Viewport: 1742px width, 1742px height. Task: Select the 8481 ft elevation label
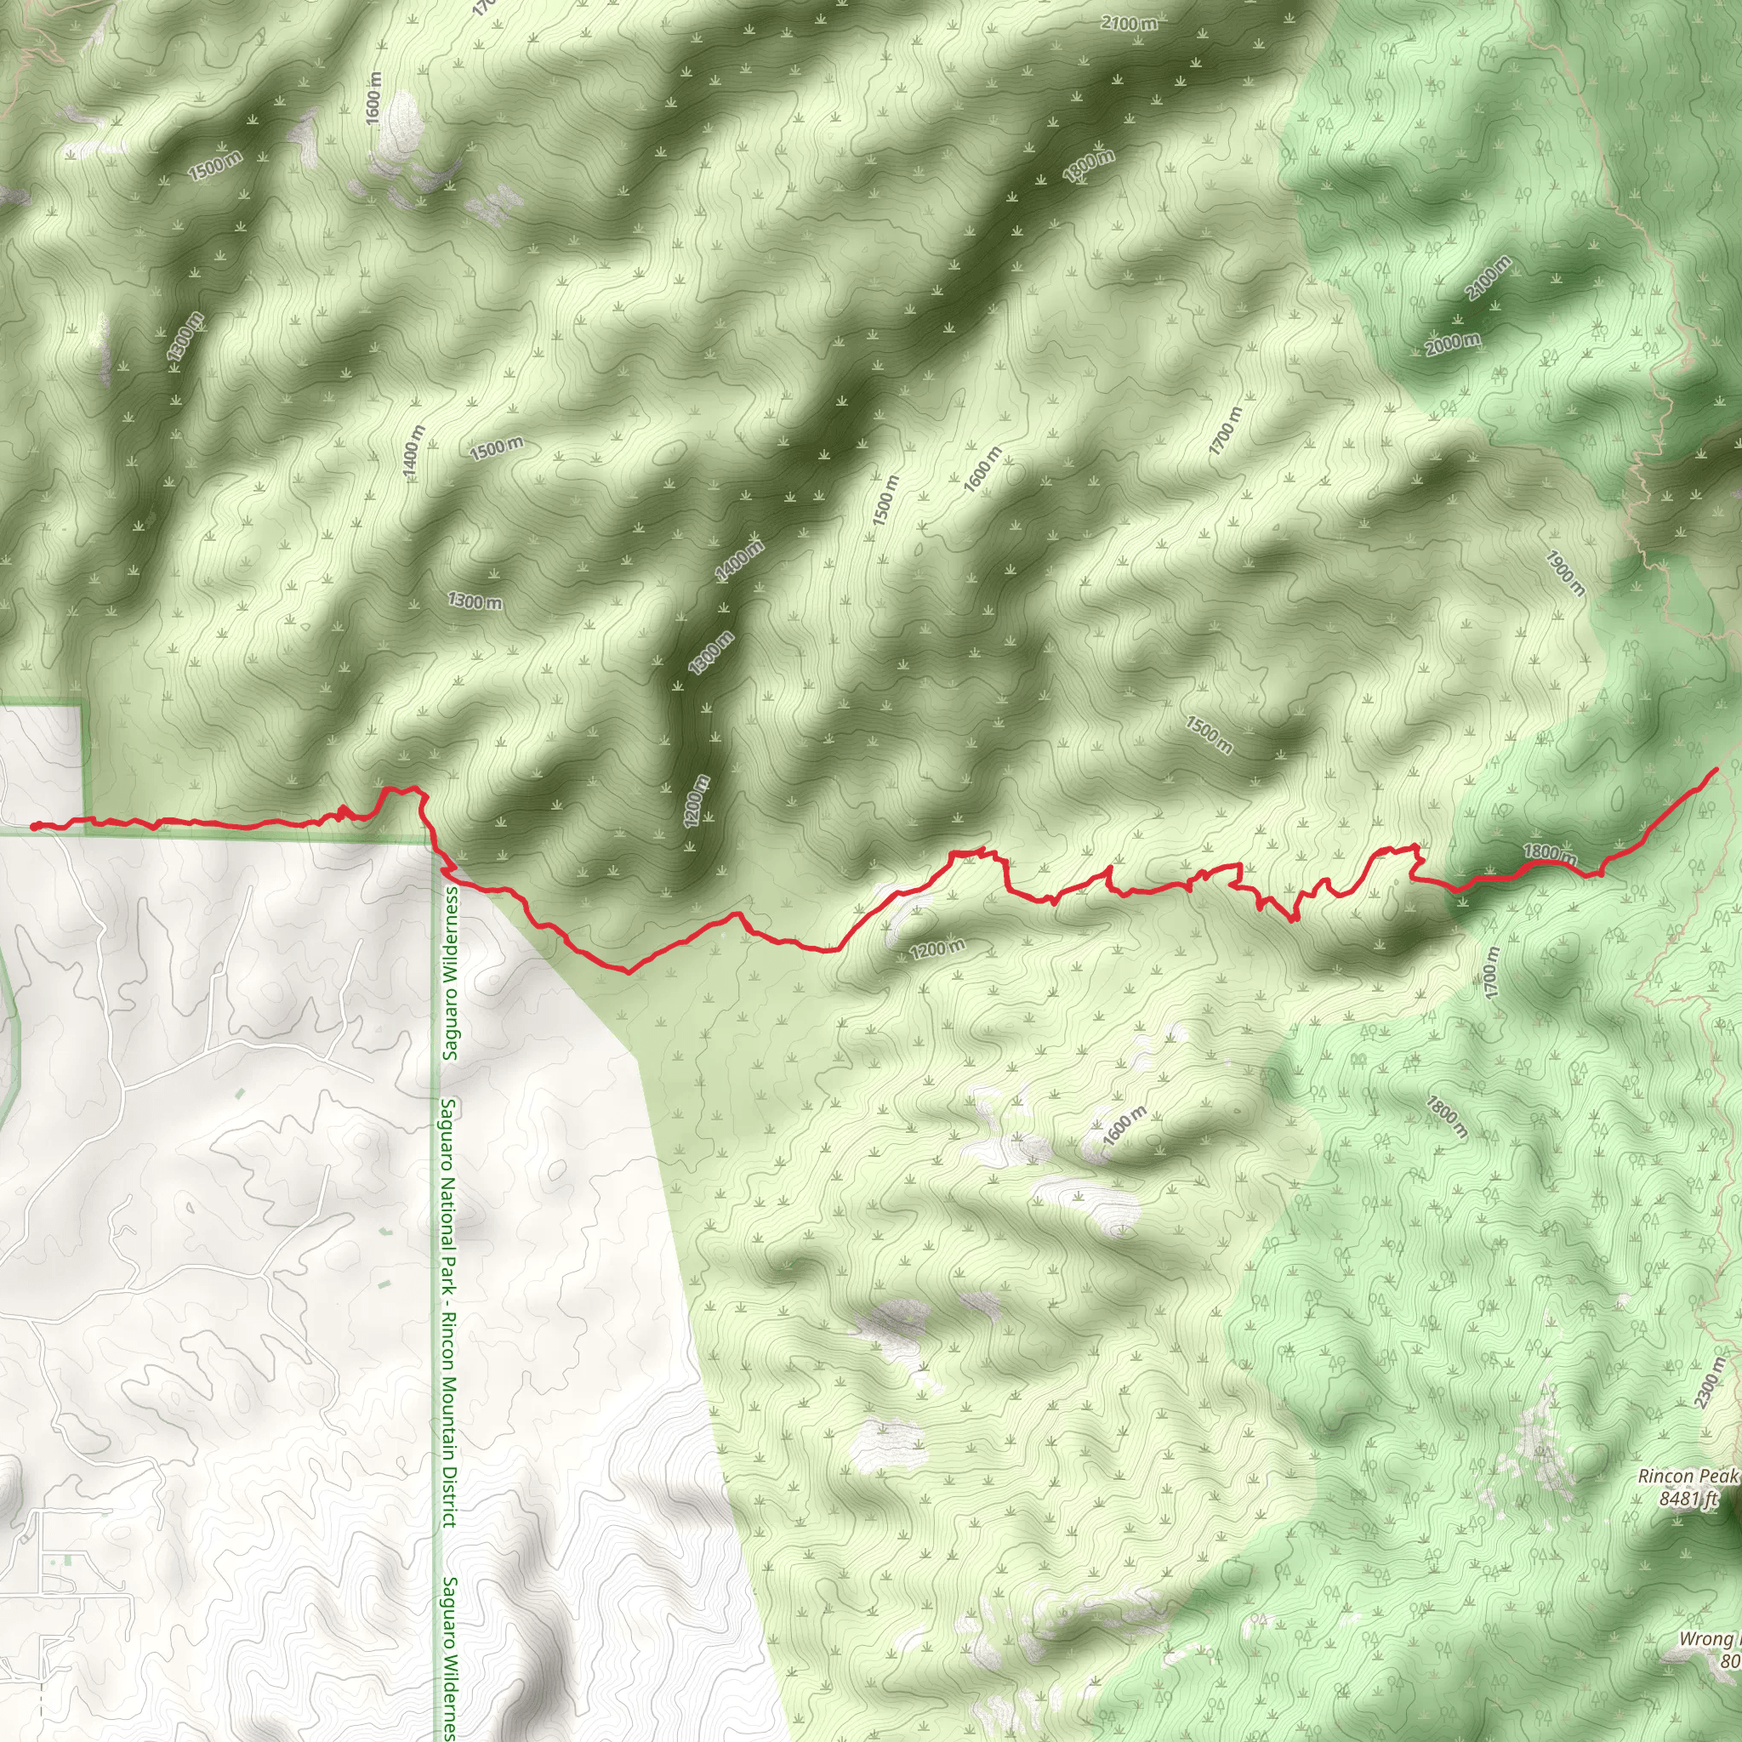click(x=1688, y=1499)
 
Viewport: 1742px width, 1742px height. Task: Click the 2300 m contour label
click(x=1710, y=1383)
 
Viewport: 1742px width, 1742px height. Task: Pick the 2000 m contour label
click(x=1453, y=344)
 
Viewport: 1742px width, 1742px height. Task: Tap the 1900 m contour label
click(x=1564, y=573)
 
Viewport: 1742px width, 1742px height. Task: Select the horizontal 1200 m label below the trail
click(x=936, y=948)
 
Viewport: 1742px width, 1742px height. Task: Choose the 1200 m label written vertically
click(x=696, y=800)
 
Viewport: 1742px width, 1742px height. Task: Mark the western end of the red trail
click(x=33, y=826)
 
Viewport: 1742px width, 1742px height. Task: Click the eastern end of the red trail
click(x=1715, y=768)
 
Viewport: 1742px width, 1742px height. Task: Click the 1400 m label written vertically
click(x=413, y=453)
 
